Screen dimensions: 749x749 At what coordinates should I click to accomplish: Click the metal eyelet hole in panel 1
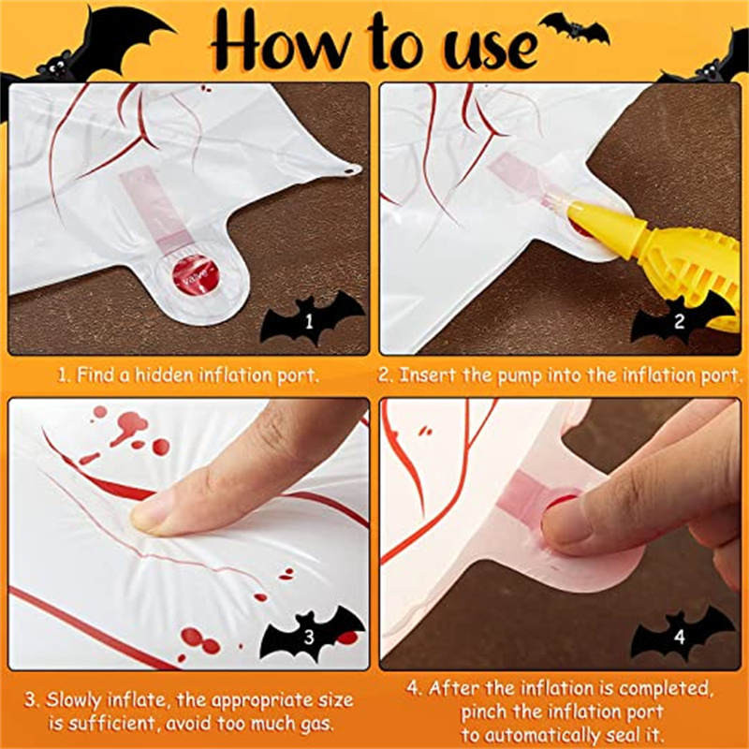pyautogui.click(x=353, y=170)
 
